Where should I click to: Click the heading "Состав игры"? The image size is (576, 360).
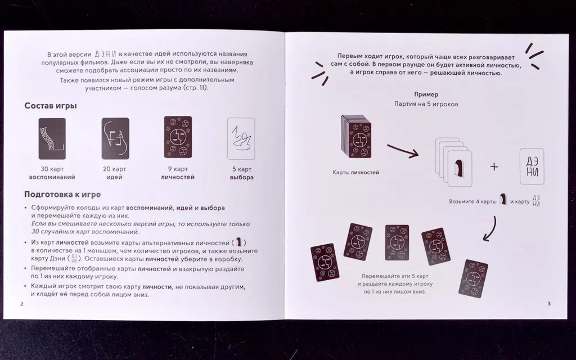click(x=51, y=106)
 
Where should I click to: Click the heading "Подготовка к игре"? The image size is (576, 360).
click(x=62, y=194)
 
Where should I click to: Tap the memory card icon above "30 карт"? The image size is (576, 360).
click(x=52, y=139)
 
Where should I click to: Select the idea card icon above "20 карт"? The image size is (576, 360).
click(x=115, y=138)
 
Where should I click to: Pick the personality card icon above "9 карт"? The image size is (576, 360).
click(x=178, y=137)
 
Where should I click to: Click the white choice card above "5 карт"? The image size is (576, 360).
click(x=241, y=138)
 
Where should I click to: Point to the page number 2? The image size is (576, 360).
click(x=22, y=304)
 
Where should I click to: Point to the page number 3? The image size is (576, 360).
click(x=549, y=303)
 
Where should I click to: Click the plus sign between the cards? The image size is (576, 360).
click(x=494, y=166)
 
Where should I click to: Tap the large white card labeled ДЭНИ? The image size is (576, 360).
click(x=532, y=166)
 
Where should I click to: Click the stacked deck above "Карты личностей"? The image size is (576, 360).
click(x=356, y=137)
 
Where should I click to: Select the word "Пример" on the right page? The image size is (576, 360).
click(x=426, y=94)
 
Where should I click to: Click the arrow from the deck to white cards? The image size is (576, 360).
click(x=403, y=151)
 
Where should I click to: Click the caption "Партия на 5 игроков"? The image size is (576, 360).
click(x=426, y=104)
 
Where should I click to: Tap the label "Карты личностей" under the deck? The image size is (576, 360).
click(x=355, y=172)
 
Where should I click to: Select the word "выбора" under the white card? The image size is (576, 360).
click(x=242, y=177)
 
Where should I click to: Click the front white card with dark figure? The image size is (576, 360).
click(x=460, y=169)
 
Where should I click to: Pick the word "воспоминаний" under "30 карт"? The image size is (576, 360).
click(x=52, y=177)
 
